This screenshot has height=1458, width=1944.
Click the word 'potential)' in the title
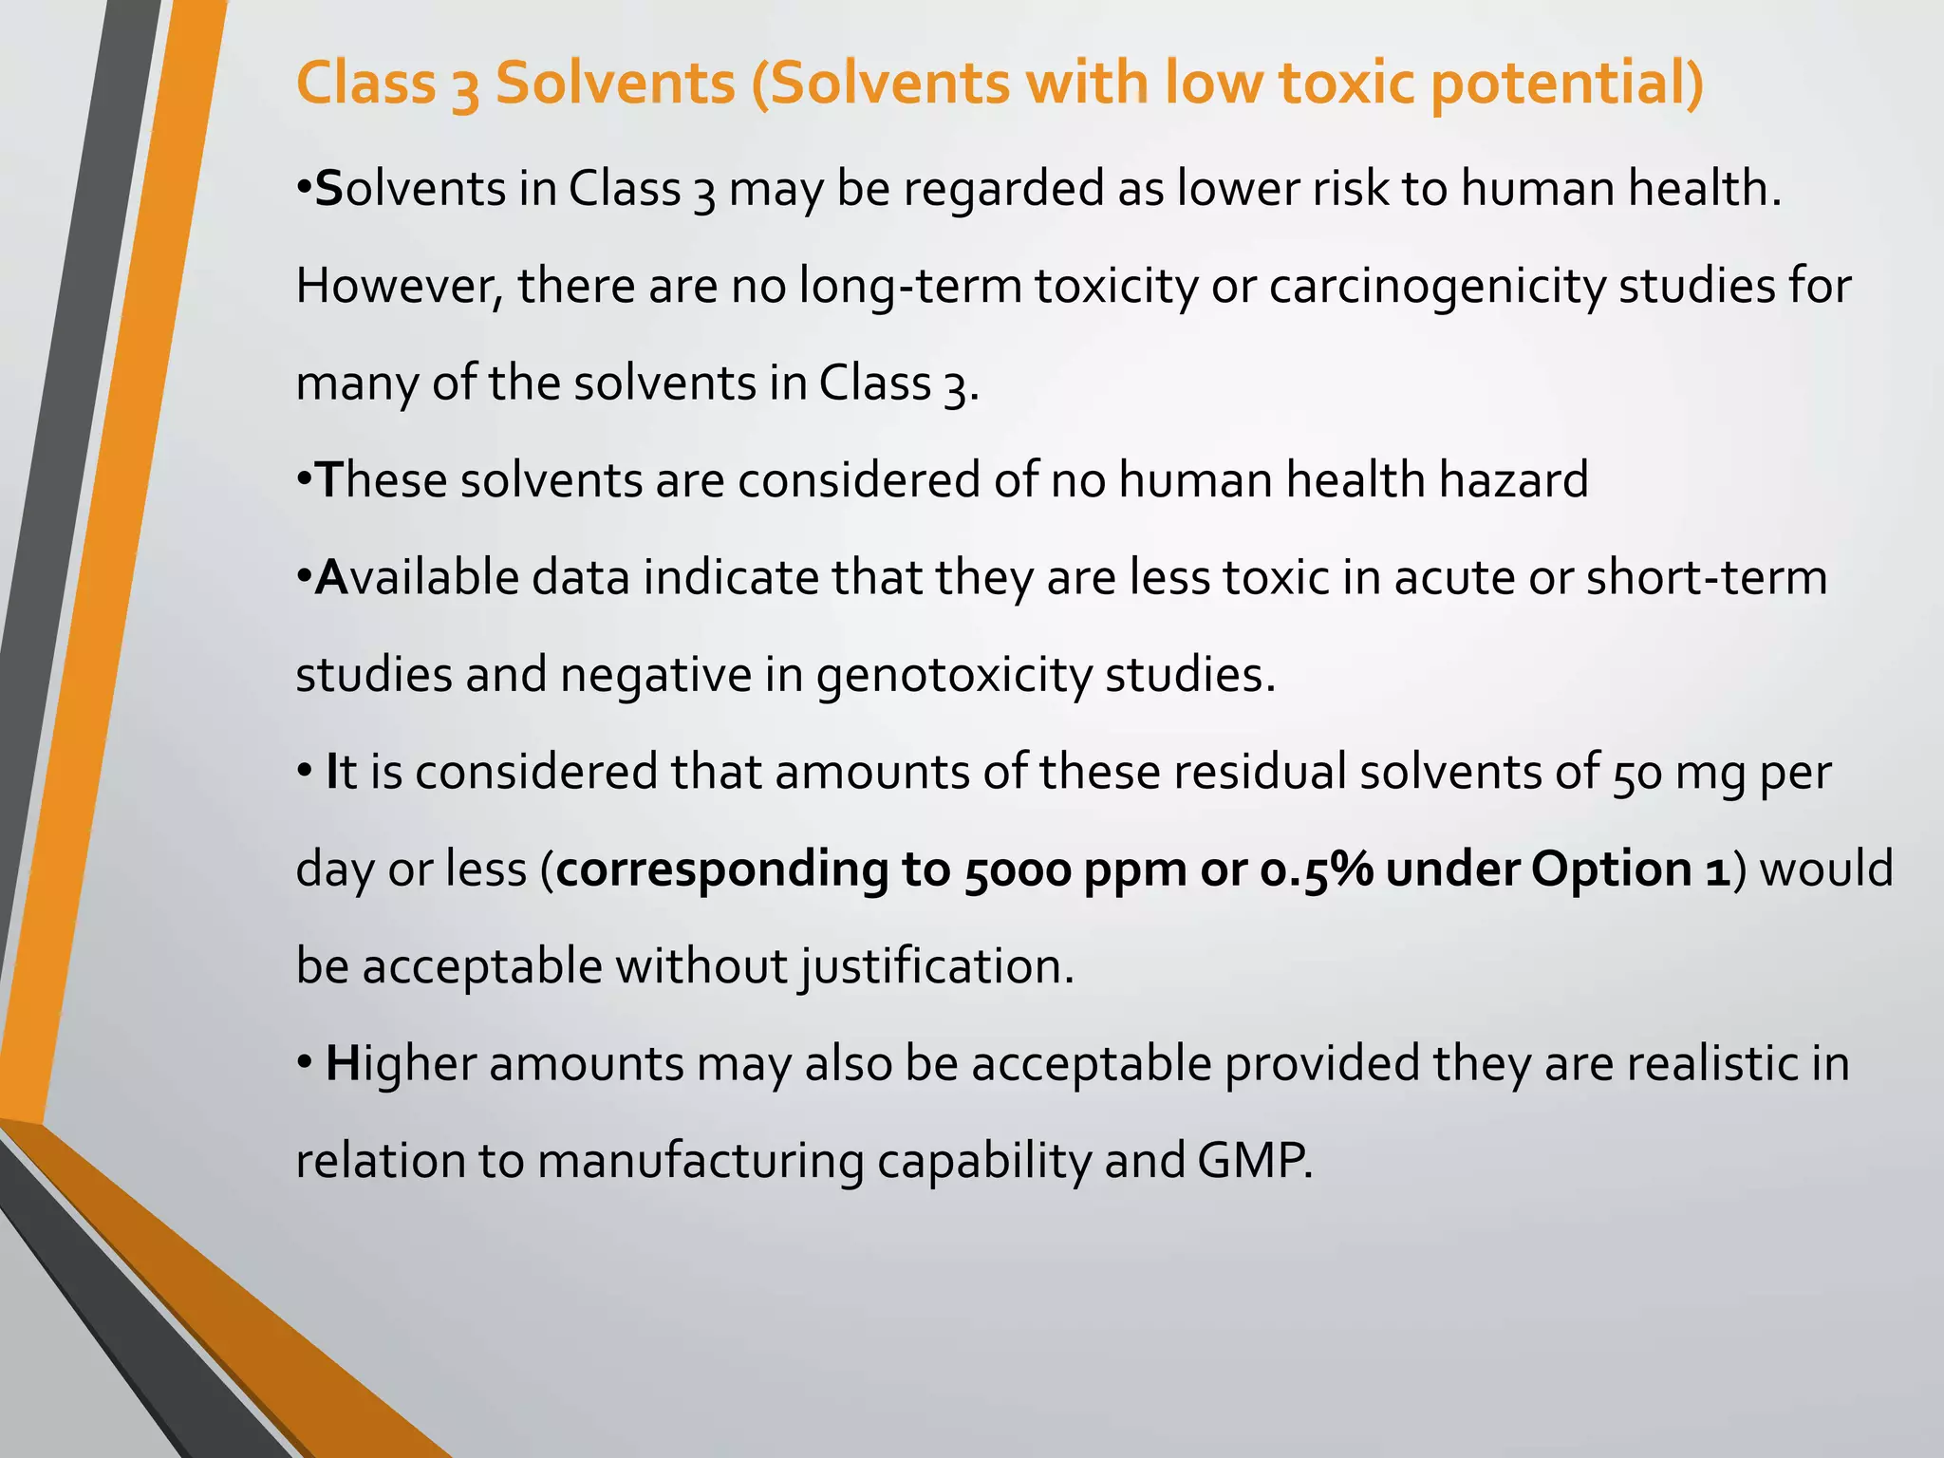click(x=1566, y=84)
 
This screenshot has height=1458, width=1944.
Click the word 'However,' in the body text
click(x=399, y=286)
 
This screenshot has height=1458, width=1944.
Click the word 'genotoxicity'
click(x=953, y=675)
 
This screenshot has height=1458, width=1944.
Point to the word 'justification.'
click(x=936, y=966)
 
